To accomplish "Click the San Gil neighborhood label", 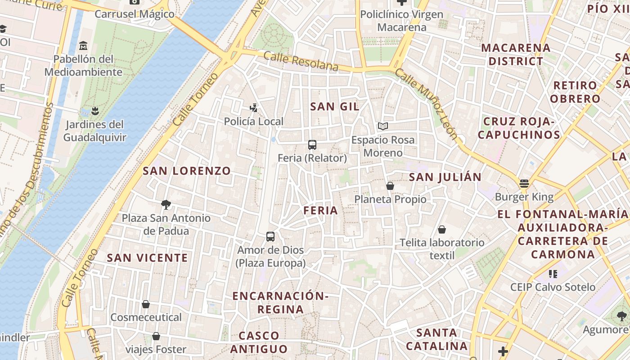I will coord(335,107).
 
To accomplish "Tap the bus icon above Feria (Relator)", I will coord(312,144).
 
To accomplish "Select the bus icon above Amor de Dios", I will coord(270,236).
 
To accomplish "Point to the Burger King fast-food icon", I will coord(524,184).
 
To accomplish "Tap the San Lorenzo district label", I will coord(187,171).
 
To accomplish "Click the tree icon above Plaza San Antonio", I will coord(166,205).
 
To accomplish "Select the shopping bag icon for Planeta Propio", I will coord(390,186).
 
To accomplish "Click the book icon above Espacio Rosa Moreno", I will coord(382,126).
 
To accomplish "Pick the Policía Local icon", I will coord(254,108).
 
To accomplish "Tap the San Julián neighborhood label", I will coord(445,177).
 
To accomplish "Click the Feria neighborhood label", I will coord(320,211).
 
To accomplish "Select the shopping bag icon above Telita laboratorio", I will coord(442,229).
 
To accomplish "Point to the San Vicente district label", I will coord(147,258).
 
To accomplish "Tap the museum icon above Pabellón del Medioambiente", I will coord(83,46).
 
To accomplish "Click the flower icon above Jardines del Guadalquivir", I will coord(94,110).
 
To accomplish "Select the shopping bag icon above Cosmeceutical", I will coord(146,304).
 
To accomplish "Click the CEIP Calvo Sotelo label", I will coord(553,287).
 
